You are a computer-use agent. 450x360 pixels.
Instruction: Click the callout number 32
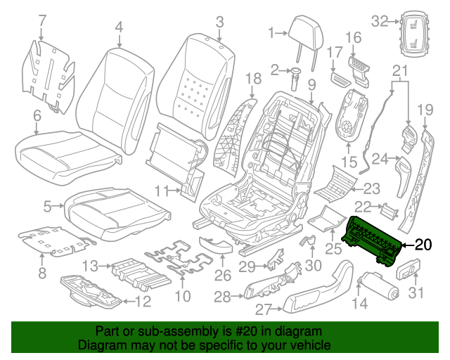coord(380,21)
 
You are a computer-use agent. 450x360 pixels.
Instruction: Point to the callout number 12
coord(143,303)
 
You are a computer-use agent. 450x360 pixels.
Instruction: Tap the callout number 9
coord(311,85)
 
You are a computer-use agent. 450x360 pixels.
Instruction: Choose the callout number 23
coord(371,188)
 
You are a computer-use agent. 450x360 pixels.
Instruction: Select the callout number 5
coord(48,207)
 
